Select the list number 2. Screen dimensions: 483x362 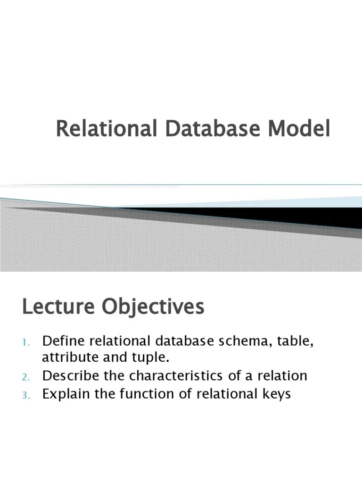26,377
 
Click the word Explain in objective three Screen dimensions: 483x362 64,394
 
